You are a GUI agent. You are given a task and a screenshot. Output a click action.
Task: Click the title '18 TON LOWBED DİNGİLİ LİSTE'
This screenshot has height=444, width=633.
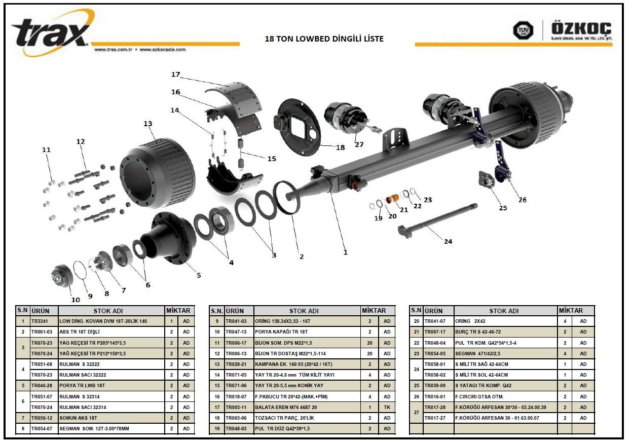click(324, 39)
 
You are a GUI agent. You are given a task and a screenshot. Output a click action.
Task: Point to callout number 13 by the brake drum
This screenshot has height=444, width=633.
click(148, 124)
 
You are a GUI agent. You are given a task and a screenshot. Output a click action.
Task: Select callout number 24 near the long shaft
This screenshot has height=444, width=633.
click(448, 241)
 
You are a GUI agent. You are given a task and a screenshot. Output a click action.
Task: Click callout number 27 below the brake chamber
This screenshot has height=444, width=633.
click(359, 144)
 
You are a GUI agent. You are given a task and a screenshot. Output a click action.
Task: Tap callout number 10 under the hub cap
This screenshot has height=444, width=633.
click(76, 300)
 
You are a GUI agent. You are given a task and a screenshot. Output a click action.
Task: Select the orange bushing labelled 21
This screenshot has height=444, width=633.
click(392, 199)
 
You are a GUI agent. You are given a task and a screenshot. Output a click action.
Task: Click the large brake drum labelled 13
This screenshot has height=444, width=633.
click(158, 168)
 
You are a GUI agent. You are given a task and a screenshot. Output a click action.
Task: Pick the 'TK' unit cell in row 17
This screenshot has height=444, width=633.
click(387, 407)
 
